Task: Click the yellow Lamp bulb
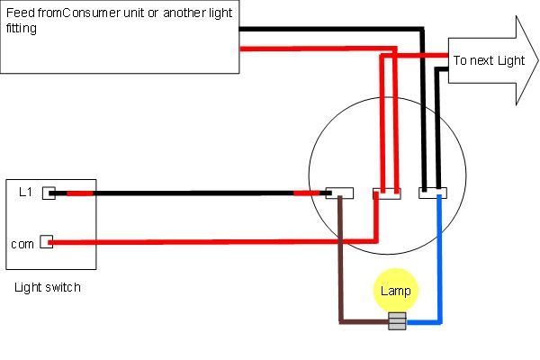pyautogui.click(x=396, y=290)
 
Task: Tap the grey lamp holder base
pyautogui.click(x=397, y=321)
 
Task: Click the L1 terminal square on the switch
pyautogui.click(x=49, y=193)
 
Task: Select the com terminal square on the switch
pyautogui.click(x=46, y=242)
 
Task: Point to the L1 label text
pyautogui.click(x=25, y=192)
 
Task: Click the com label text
pyautogui.click(x=22, y=244)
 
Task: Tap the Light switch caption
pyautogui.click(x=48, y=287)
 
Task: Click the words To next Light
pyautogui.click(x=489, y=60)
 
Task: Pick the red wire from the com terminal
pyautogui.click(x=213, y=242)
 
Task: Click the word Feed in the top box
pyautogui.click(x=21, y=13)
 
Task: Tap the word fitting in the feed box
pyautogui.click(x=22, y=28)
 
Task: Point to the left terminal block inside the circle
pyautogui.click(x=339, y=193)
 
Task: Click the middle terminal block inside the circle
pyautogui.click(x=387, y=193)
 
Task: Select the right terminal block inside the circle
pyautogui.click(x=433, y=193)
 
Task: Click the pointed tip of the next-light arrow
pyautogui.click(x=538, y=60)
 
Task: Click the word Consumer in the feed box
pyautogui.click(x=92, y=13)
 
